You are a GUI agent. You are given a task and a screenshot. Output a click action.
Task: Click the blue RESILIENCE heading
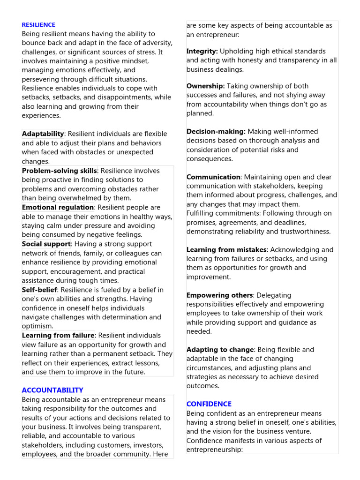(38, 25)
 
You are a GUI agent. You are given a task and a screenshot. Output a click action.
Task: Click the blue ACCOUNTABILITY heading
(52, 390)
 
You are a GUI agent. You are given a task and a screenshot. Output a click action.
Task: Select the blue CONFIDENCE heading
(209, 404)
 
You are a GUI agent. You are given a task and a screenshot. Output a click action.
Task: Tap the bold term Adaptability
(43, 134)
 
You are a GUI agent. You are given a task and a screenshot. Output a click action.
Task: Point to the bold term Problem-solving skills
(60, 171)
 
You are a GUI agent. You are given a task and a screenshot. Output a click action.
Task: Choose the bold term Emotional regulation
(58, 207)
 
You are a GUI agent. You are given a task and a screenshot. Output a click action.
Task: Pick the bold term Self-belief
(39, 290)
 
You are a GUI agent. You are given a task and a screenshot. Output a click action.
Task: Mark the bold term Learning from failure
(58, 335)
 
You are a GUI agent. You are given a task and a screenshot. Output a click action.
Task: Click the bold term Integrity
(202, 51)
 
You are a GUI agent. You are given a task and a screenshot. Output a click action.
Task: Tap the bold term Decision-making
(216, 132)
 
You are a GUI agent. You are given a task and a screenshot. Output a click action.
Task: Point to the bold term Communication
(213, 177)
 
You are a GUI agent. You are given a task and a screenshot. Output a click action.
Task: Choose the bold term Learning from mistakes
(226, 250)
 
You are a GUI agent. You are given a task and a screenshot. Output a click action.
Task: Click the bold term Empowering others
(219, 295)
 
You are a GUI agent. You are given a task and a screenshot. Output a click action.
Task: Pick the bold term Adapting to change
(220, 350)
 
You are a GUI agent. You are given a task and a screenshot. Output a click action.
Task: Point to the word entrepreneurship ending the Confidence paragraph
(214, 450)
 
